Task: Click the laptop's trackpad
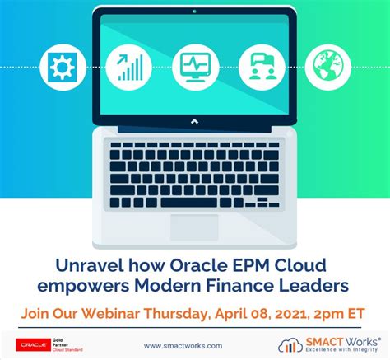[195, 227]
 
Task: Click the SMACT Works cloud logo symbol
[291, 344]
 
